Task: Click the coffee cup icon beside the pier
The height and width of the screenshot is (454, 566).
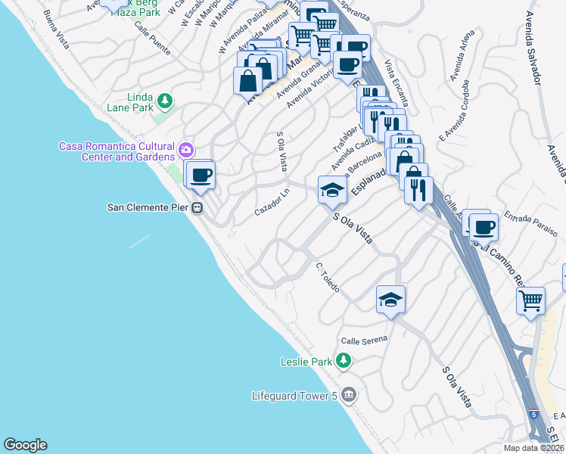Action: pos(201,176)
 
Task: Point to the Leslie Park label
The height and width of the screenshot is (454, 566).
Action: pos(306,362)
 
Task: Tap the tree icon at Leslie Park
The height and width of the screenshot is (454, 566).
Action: pos(344,360)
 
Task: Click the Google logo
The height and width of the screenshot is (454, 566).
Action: pos(25,445)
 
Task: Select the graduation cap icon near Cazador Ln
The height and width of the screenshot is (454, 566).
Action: pos(331,190)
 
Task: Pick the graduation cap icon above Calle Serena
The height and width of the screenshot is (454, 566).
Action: pos(390,300)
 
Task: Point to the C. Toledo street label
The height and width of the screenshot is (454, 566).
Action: pos(328,278)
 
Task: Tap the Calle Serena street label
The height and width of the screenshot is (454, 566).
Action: pos(364,339)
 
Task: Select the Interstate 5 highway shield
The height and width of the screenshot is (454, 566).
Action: pos(535,414)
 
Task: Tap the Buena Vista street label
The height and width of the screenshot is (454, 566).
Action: pos(56,30)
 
